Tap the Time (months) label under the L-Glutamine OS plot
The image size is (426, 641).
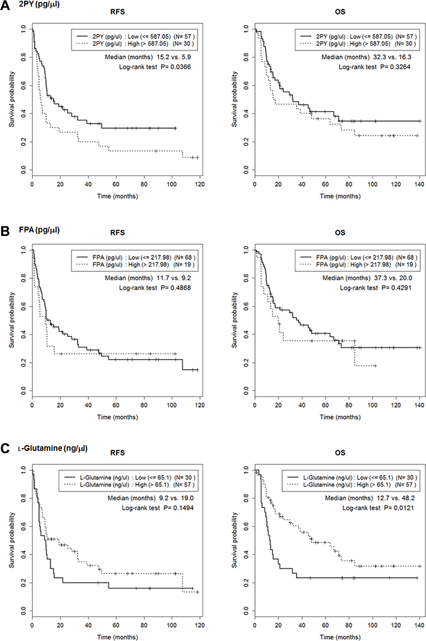[336, 634]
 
